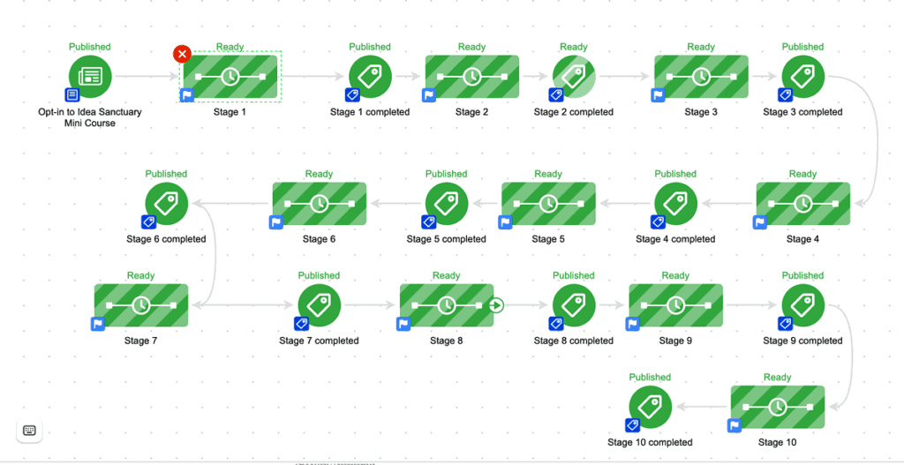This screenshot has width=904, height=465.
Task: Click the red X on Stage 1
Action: coord(182,54)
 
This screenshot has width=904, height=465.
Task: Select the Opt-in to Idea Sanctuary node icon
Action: coord(90,76)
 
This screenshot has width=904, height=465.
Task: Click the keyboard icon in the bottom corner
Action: coord(29,430)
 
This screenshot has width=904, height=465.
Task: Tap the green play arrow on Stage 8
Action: coord(496,305)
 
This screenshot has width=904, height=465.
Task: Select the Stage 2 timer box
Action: coord(472,77)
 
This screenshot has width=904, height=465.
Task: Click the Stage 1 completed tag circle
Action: coord(370,76)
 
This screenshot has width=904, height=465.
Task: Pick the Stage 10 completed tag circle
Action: coord(650,406)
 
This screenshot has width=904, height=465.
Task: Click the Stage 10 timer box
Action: coord(778,407)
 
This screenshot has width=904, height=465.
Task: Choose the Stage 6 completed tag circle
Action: coord(166,203)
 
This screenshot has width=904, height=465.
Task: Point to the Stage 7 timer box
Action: coord(141,305)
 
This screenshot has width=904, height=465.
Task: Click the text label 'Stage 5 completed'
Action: coord(446,239)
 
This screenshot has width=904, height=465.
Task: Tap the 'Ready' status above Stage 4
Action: coord(802,174)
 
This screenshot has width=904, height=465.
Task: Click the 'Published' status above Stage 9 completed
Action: coord(802,275)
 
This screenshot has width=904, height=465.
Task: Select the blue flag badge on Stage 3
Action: coord(658,95)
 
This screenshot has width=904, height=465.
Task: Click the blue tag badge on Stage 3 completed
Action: coord(785,94)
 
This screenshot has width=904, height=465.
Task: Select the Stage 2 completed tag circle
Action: coord(574,76)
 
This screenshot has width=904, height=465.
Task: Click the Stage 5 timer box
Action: coord(548,204)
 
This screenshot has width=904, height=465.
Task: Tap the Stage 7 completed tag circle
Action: coord(319,305)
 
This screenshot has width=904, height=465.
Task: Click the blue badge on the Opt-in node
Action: coord(72,94)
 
